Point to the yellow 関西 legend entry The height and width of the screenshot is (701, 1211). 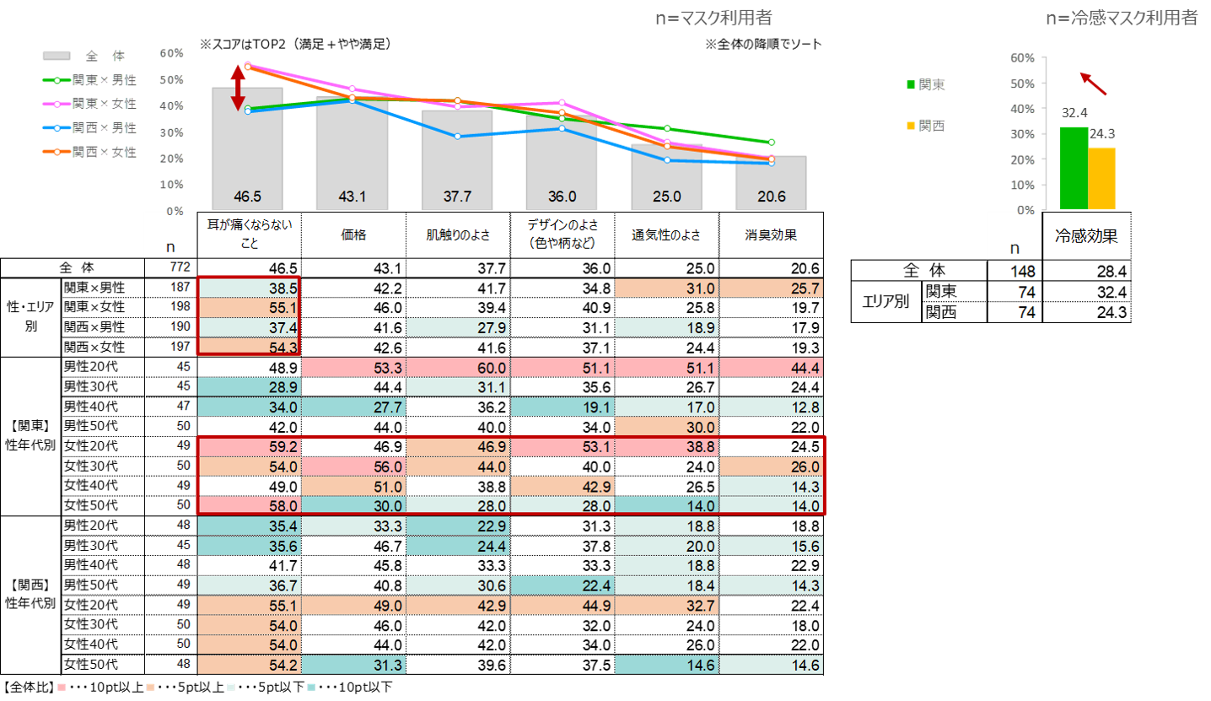pyautogui.click(x=925, y=126)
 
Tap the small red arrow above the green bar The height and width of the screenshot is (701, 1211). pyautogui.click(x=1094, y=84)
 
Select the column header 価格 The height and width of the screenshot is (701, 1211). pyautogui.click(x=353, y=237)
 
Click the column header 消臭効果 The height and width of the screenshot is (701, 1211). pyautogui.click(x=771, y=237)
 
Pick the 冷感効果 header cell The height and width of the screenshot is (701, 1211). pyautogui.click(x=1086, y=236)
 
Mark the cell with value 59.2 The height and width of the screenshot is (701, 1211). pyautogui.click(x=249, y=446)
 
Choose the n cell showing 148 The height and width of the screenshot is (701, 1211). pyautogui.click(x=1015, y=271)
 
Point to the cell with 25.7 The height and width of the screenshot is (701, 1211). pyautogui.click(x=771, y=288)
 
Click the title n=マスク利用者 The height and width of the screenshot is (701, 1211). pyautogui.click(x=713, y=19)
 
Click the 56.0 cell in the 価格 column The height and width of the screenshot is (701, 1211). pyautogui.click(x=353, y=466)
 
